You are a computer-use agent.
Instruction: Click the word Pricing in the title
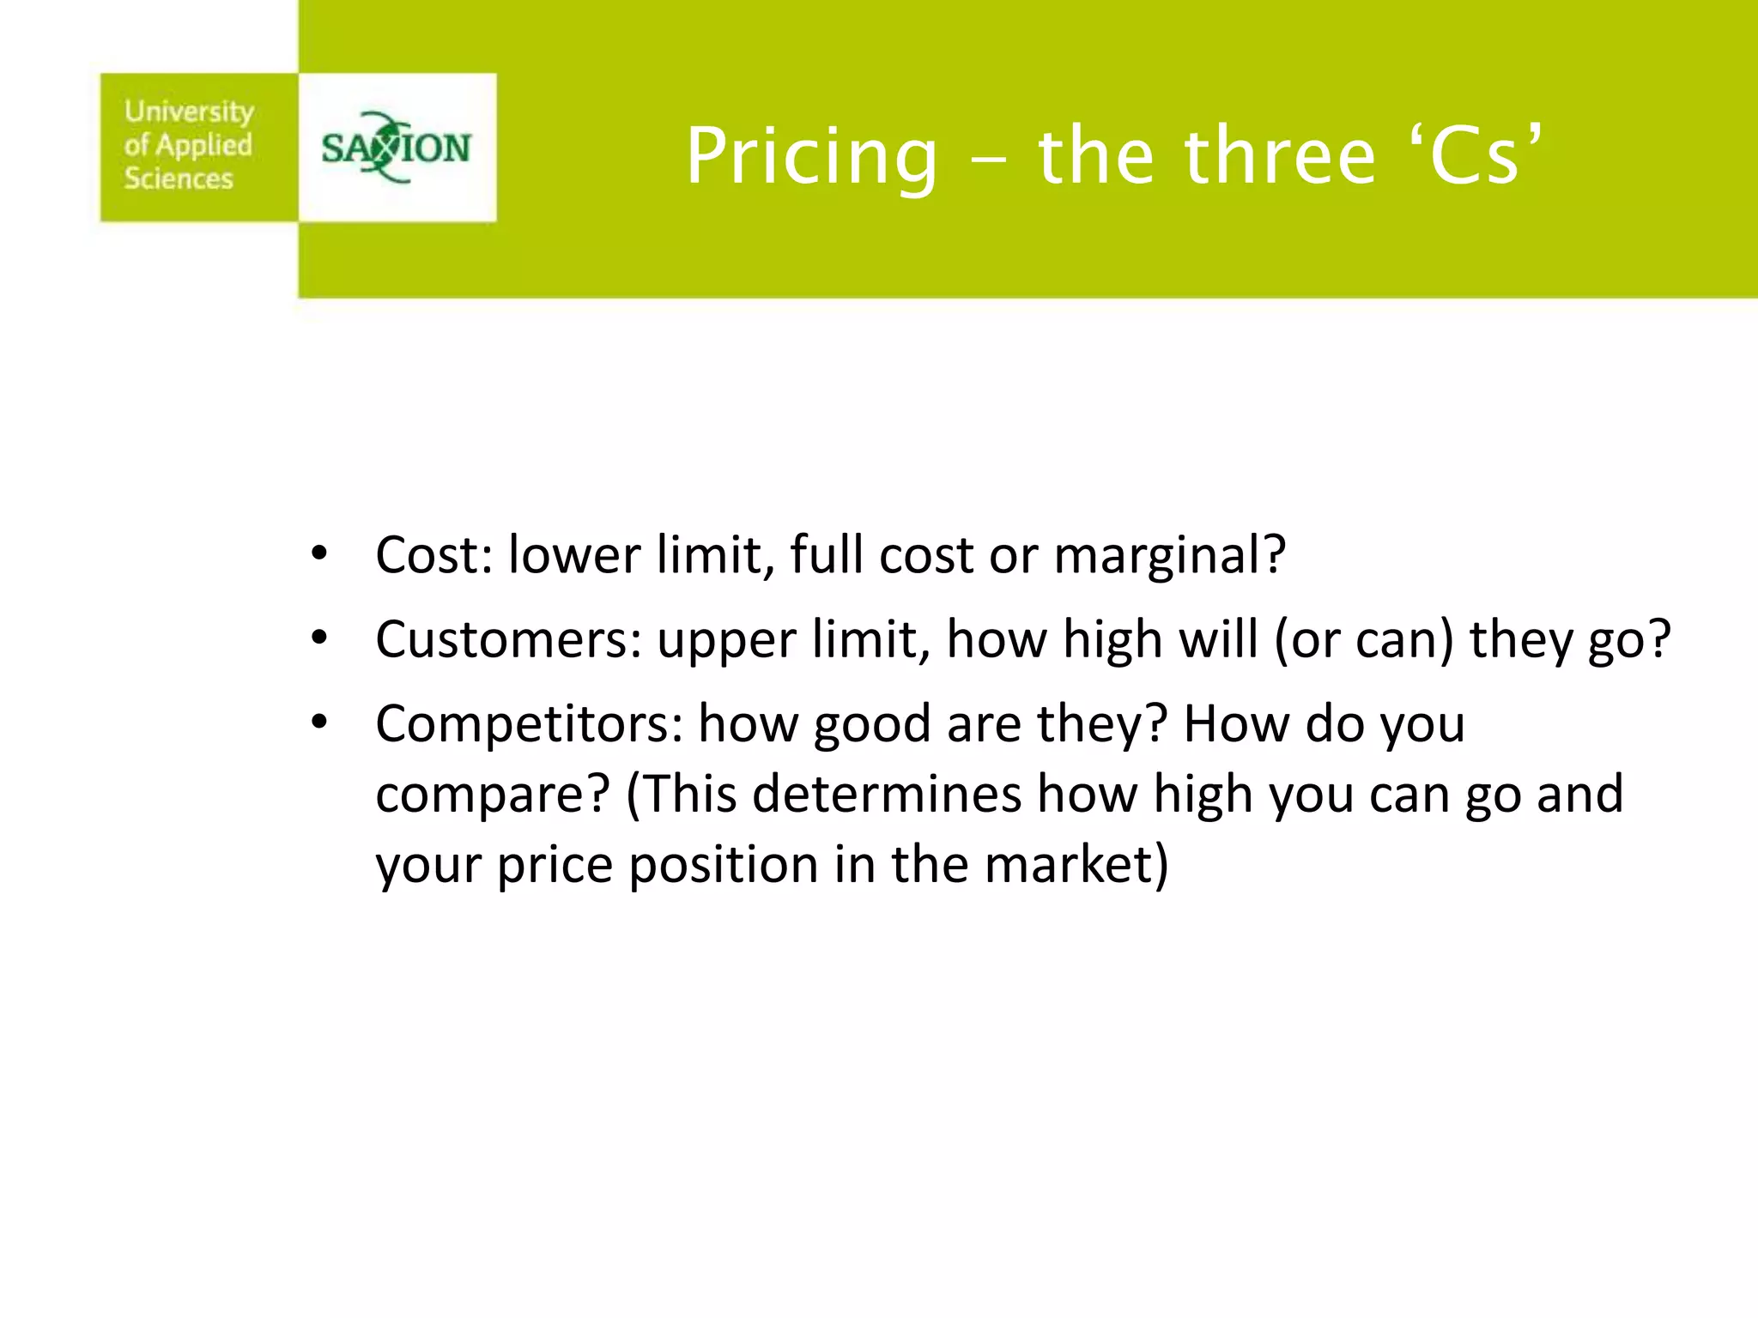(811, 157)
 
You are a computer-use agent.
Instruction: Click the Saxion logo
(397, 148)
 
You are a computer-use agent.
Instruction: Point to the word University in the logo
(189, 112)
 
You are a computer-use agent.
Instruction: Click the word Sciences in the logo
(179, 178)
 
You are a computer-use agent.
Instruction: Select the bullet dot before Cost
(319, 553)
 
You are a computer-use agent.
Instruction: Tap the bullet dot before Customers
(319, 638)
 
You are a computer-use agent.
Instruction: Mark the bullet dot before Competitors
(319, 722)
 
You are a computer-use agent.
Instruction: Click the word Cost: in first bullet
(433, 554)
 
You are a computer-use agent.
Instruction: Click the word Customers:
(508, 639)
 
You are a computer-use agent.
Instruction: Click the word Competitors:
(529, 723)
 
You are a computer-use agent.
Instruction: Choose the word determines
(887, 794)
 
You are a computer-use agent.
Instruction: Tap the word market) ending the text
(1076, 864)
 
